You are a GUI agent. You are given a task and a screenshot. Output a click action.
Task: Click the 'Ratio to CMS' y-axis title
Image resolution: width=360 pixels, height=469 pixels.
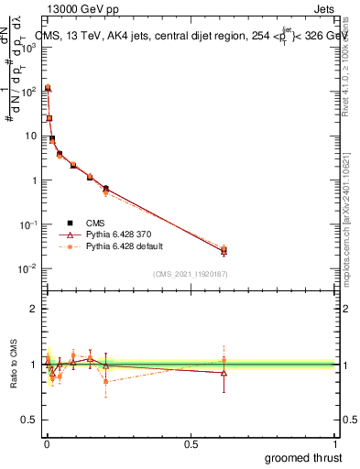(15, 364)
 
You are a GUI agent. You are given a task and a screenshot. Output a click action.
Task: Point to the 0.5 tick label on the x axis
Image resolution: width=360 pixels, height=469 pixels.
(191, 443)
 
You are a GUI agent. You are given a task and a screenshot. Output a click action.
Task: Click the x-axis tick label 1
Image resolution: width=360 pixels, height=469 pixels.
(335, 443)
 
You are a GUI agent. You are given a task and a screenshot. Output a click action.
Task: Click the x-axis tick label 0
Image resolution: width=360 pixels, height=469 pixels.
(47, 443)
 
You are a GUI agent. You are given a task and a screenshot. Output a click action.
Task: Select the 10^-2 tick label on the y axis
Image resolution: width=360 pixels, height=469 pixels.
(28, 268)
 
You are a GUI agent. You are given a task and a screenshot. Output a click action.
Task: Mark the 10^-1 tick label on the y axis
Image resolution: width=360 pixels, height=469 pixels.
(28, 224)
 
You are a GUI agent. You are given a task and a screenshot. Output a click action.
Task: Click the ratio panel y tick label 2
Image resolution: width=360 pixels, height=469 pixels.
(33, 309)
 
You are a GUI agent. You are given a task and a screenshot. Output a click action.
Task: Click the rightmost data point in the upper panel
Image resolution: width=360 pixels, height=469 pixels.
(224, 249)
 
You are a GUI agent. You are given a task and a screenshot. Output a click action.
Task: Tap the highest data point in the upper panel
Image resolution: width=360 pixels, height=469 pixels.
(48, 88)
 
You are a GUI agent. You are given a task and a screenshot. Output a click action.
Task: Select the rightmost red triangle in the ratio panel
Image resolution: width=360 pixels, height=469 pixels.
(224, 373)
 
